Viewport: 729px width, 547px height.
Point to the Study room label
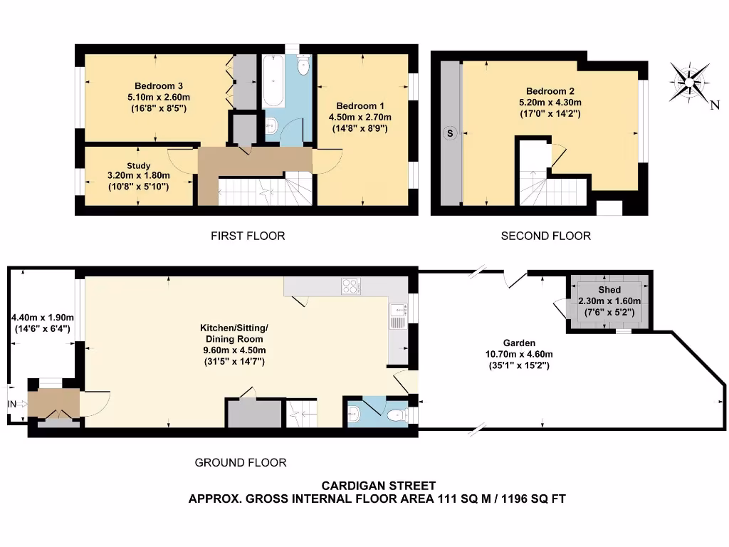tap(138, 165)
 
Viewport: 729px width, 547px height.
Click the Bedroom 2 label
tap(550, 91)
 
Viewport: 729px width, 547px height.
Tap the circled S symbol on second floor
tap(449, 133)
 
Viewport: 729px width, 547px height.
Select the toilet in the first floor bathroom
tap(304, 66)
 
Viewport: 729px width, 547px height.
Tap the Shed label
tap(609, 290)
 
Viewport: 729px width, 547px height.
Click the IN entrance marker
tap(12, 405)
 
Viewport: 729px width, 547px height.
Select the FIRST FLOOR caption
tap(248, 236)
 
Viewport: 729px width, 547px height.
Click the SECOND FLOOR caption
tap(545, 236)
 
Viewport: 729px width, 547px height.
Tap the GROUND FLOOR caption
tap(241, 463)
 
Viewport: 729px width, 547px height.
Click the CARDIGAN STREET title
tap(377, 486)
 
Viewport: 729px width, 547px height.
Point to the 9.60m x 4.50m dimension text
tap(234, 350)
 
